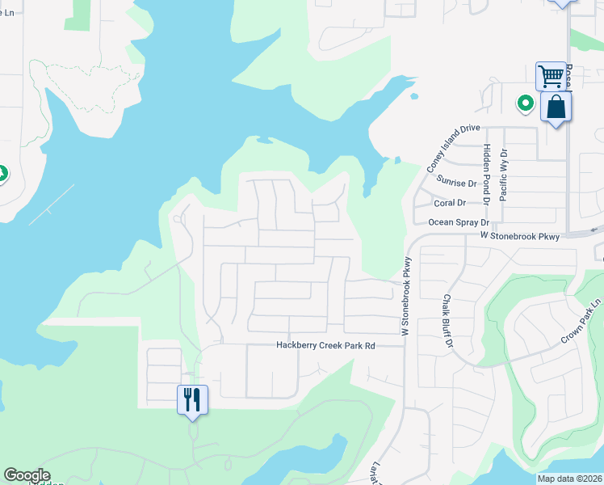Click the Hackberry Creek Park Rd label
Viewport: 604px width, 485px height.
[326, 345]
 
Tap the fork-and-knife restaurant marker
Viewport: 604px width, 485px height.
[192, 399]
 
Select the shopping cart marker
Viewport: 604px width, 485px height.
[551, 77]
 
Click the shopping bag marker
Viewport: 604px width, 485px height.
[556, 107]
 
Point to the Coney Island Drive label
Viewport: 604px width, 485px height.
[453, 147]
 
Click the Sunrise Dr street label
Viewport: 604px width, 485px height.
[456, 183]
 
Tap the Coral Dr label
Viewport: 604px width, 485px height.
[451, 203]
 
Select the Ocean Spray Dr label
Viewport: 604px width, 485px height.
[459, 221]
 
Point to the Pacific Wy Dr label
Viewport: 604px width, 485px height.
[503, 174]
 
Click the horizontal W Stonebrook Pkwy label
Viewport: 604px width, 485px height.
[519, 236]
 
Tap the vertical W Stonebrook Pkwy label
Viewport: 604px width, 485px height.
[406, 297]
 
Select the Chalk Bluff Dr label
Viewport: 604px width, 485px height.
[446, 320]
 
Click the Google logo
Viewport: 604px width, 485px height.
[27, 475]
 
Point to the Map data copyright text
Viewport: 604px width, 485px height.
[569, 479]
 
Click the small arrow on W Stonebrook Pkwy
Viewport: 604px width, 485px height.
[595, 229]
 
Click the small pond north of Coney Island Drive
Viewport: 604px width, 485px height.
[414, 97]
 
